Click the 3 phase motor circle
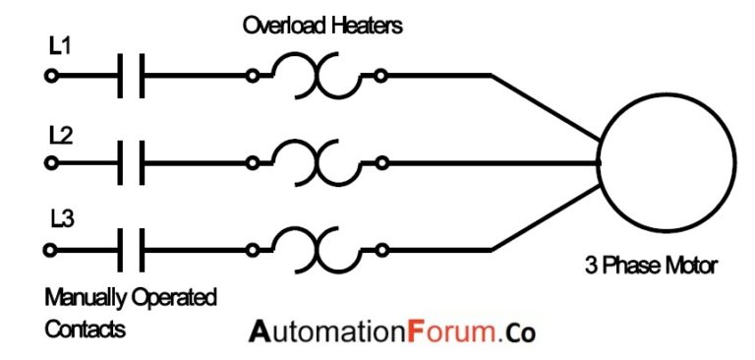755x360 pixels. coord(668,163)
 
